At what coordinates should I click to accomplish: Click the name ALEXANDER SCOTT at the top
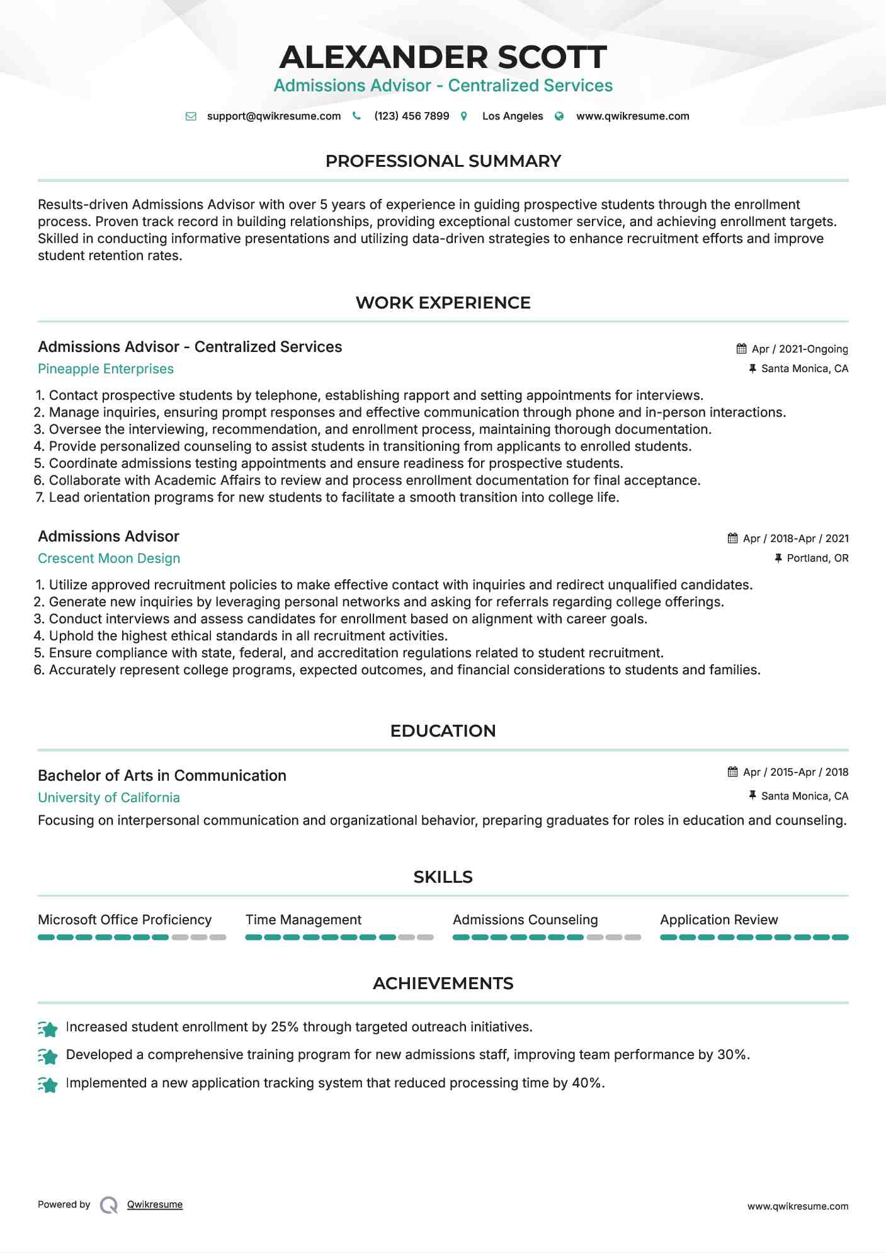click(443, 57)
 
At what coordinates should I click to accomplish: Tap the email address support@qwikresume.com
click(273, 116)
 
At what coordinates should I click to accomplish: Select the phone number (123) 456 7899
click(411, 116)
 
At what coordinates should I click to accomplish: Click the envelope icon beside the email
click(191, 116)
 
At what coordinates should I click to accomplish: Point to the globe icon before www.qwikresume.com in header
click(559, 116)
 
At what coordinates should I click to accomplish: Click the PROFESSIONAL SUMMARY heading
click(443, 161)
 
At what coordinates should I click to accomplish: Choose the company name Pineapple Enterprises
click(106, 369)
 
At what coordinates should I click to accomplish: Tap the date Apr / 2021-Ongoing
click(800, 349)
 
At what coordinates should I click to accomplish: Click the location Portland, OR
click(817, 558)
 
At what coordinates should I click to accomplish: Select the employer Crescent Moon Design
click(109, 558)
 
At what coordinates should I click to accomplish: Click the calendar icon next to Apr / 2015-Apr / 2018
click(732, 772)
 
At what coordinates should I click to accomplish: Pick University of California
click(109, 798)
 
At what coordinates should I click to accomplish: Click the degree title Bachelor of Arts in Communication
click(162, 776)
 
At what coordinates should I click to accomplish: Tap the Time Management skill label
click(304, 920)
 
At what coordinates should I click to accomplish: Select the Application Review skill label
click(718, 920)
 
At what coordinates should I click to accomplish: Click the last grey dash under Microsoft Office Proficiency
click(218, 938)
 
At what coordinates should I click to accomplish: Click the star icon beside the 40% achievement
click(48, 1084)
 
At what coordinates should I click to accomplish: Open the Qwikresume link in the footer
click(155, 1205)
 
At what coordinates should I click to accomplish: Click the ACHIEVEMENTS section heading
click(443, 984)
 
